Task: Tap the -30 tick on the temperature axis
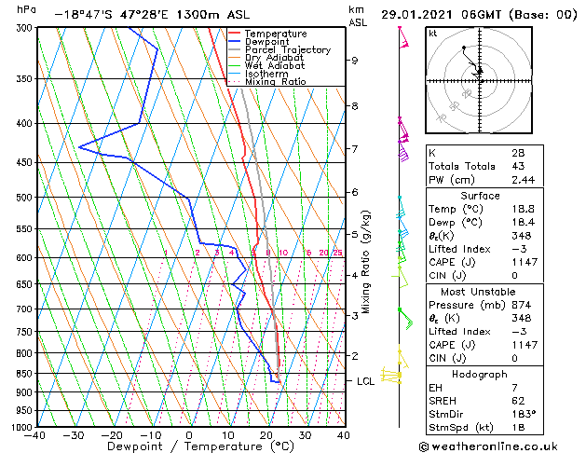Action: (x=73, y=434)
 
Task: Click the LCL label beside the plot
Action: (x=365, y=381)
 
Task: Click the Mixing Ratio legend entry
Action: (x=275, y=82)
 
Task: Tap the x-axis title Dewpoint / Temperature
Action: (x=187, y=446)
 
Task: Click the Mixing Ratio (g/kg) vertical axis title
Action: (x=366, y=261)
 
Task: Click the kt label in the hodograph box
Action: (x=433, y=33)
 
